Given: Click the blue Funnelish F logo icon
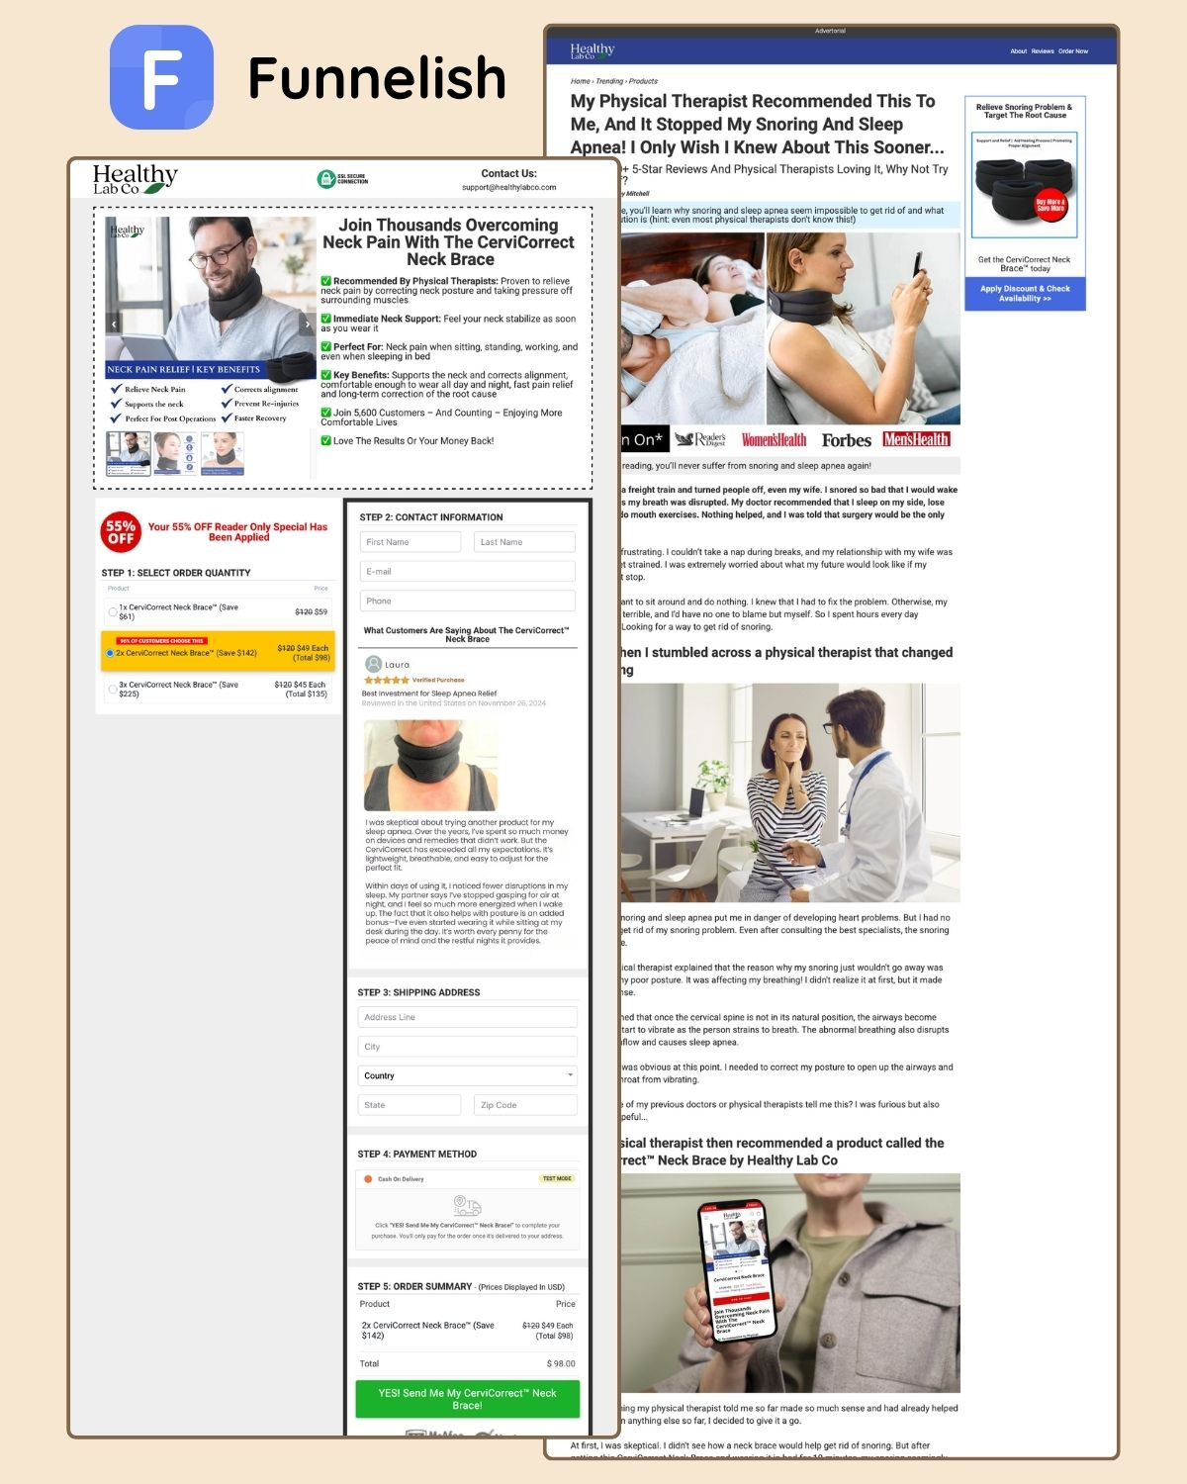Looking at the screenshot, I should point(161,77).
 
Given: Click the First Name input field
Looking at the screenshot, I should point(411,542).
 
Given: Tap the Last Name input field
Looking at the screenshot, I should point(525,542).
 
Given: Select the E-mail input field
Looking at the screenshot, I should point(467,571).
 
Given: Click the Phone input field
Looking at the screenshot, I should point(467,601).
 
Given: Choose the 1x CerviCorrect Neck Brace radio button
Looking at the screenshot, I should point(113,612).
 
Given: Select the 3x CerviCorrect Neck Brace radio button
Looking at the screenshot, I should point(113,689).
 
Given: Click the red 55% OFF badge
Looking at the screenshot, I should point(121,532).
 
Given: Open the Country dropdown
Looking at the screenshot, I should point(467,1075).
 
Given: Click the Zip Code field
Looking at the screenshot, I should point(525,1105).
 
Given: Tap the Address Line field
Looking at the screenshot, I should point(467,1017).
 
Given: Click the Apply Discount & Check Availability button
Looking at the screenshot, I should point(1025,294).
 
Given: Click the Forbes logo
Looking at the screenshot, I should point(846,440).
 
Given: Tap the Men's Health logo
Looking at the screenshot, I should point(916,439).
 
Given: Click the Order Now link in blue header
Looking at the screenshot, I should point(1073,51).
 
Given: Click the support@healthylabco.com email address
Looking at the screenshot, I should point(508,187).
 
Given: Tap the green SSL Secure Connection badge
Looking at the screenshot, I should point(342,179).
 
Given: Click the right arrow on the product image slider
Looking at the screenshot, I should point(307,324).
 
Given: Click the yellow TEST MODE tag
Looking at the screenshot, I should point(557,1178).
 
